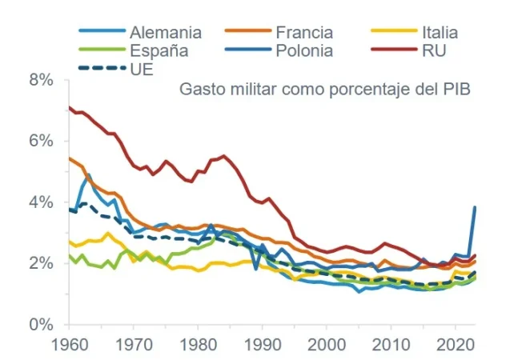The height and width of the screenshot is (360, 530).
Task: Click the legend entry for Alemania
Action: pyautogui.click(x=166, y=33)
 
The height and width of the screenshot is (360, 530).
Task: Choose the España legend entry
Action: pyautogui.click(x=159, y=50)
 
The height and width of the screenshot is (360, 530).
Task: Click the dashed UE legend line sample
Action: pyautogui.click(x=102, y=69)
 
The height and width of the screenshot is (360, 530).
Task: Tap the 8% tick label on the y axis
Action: pyautogui.click(x=40, y=80)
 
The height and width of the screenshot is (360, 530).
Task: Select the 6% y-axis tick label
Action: pyautogui.click(x=40, y=141)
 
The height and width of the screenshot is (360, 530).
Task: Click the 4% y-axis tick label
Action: pyautogui.click(x=40, y=202)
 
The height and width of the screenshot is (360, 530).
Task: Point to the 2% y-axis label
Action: pyautogui.click(x=40, y=263)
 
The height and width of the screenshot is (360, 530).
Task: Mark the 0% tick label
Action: pyautogui.click(x=40, y=325)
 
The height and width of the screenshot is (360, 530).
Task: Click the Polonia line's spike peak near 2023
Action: pyautogui.click(x=475, y=207)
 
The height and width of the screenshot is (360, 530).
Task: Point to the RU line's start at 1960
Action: pyautogui.click(x=70, y=107)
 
